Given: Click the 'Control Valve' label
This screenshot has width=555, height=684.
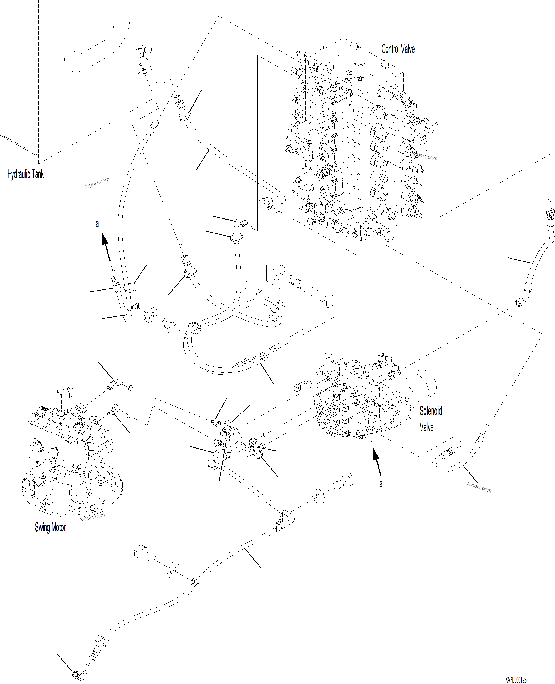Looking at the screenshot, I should pos(398,49).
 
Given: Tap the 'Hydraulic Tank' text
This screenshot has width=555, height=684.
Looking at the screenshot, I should pos(25,174).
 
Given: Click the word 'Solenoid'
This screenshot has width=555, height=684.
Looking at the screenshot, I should pos(430,411).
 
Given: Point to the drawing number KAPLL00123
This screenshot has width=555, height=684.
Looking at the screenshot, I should pos(515,677).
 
